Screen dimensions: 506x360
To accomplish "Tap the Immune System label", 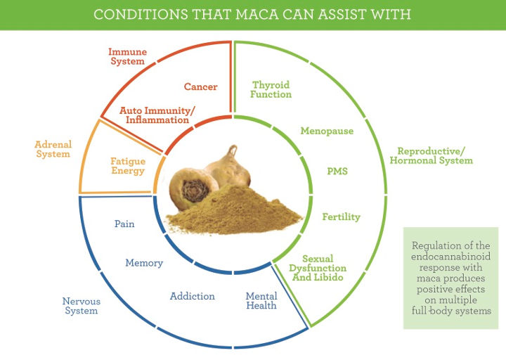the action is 127,56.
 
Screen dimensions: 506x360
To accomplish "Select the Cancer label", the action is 201,86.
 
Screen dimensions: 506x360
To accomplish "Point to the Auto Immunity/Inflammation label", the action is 157,115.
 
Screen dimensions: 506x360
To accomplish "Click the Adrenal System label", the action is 53,149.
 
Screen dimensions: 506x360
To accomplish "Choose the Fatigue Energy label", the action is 128,166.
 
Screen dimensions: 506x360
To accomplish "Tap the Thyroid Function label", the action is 271,89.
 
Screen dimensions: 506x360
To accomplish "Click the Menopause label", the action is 327,131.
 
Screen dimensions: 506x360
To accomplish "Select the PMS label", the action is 337,171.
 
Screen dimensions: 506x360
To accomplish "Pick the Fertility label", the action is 342,217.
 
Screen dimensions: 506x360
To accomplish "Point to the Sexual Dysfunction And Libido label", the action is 318,268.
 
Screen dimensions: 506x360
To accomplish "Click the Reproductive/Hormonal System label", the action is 431,155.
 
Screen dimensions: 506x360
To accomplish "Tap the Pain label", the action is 124,224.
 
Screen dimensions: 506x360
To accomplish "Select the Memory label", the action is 144,263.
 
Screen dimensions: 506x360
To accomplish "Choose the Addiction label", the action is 193,296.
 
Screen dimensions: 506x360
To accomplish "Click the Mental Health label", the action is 261,301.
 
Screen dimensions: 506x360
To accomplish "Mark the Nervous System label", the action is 82,306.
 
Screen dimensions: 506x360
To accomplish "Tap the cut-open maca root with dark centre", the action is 193,188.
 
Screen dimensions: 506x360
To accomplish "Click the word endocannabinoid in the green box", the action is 450,257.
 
